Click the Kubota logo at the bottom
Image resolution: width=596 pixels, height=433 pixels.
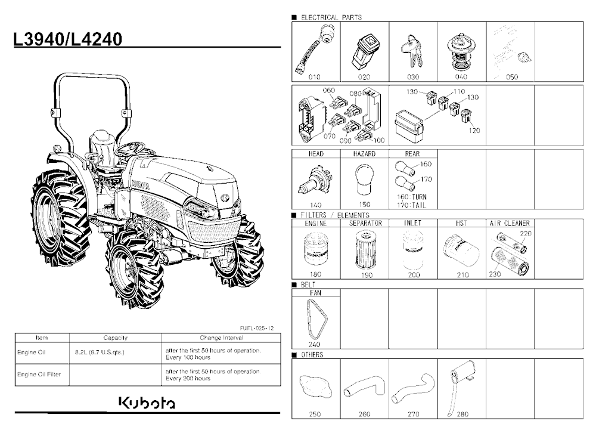coord(147,403)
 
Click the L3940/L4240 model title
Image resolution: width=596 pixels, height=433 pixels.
coord(68,39)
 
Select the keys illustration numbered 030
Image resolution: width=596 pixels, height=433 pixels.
coord(412,51)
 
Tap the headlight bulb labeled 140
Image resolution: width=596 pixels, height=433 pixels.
coord(315,181)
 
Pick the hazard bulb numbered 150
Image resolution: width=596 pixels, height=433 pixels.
coord(364,179)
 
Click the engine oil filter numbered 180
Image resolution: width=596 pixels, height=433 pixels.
coord(316,249)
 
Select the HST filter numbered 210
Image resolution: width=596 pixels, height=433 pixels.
coord(461,250)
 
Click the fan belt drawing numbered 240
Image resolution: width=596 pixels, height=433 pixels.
coord(316,319)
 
